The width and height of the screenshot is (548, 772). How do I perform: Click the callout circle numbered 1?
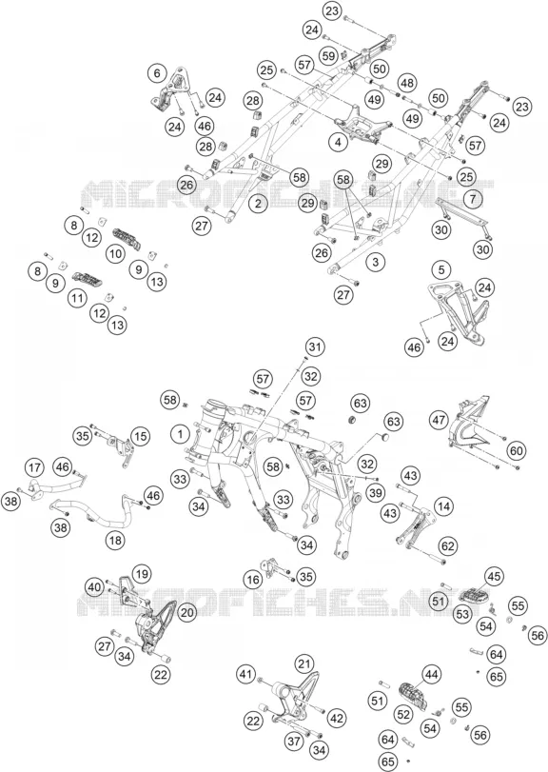(x=181, y=434)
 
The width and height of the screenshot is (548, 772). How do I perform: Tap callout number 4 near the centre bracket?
(x=338, y=143)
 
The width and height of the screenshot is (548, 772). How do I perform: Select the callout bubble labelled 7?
(x=473, y=199)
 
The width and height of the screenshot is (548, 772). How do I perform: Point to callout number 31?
(x=315, y=347)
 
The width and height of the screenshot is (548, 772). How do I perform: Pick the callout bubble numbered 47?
(x=440, y=420)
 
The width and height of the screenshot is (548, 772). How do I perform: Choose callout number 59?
(x=329, y=54)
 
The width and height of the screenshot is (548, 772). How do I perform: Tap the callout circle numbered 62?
(x=449, y=546)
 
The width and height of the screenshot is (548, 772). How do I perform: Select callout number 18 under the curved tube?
(x=116, y=540)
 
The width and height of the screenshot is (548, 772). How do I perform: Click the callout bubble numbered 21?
(x=305, y=663)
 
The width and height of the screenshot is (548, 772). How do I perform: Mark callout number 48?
(x=407, y=83)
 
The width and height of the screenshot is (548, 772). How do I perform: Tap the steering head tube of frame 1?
(x=213, y=418)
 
